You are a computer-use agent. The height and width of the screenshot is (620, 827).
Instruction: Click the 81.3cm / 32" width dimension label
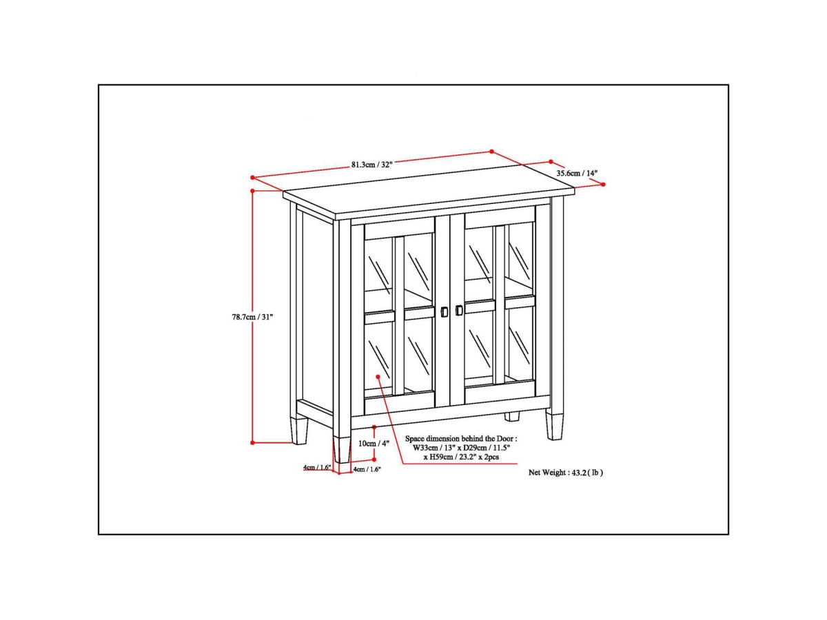click(372, 165)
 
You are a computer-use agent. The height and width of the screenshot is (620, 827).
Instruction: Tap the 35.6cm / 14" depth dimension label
click(577, 173)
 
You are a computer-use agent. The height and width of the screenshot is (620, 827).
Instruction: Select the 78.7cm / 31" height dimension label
click(252, 317)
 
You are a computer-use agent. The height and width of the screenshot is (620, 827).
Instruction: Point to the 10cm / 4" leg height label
click(374, 444)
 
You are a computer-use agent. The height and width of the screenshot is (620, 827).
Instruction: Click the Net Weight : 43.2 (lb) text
click(566, 473)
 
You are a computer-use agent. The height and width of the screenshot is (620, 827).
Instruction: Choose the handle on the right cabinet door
click(458, 310)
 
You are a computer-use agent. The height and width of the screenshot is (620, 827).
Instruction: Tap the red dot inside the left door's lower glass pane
click(378, 376)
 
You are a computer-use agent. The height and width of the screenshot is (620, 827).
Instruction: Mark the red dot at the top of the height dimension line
click(252, 191)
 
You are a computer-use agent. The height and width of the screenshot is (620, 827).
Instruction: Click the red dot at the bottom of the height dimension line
click(252, 443)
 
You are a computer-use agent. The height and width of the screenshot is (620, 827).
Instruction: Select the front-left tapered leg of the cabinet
click(341, 449)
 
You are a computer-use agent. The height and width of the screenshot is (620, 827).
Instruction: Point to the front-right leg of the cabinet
click(555, 426)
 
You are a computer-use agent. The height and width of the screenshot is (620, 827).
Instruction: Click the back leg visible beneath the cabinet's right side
click(511, 416)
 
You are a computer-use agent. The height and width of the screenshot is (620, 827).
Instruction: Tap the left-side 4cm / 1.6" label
click(317, 467)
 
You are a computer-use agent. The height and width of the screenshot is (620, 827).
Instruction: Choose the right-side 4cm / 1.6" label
click(367, 469)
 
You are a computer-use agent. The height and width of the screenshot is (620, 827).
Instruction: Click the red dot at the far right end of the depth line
click(603, 185)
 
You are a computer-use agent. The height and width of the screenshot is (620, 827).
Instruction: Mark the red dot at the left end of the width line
click(252, 177)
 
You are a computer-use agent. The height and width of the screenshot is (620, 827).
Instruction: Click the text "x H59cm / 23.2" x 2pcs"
click(461, 457)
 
